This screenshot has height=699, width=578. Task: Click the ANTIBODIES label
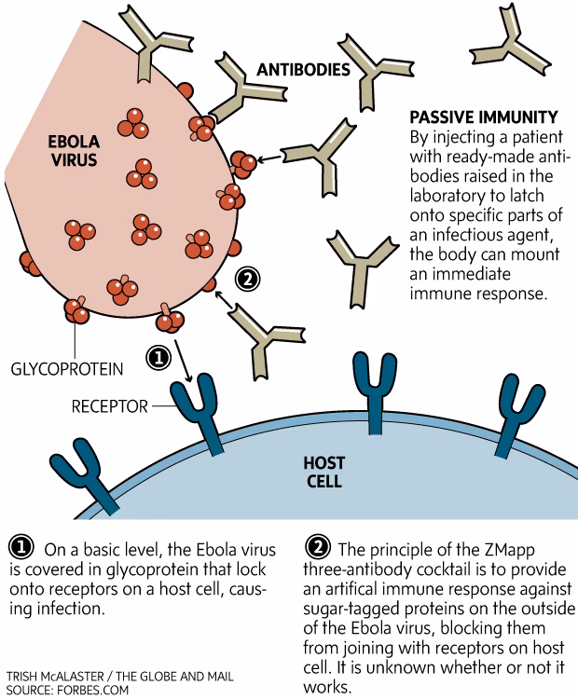click(305, 70)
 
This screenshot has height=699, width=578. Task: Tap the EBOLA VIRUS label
click(74, 151)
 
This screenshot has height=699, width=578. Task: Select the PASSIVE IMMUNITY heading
click(484, 117)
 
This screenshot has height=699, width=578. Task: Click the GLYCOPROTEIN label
click(66, 369)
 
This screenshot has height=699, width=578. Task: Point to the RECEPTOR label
click(110, 406)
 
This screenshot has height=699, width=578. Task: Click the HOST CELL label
click(323, 472)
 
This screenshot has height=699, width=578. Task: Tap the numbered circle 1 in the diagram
click(158, 356)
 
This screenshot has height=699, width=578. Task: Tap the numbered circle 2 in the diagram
click(246, 277)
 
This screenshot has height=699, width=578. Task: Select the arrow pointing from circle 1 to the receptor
click(183, 365)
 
